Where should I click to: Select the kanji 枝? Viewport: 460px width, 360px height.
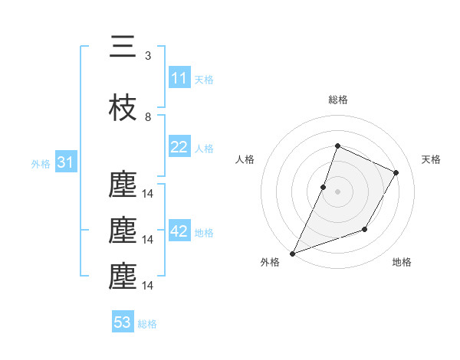point(123,109)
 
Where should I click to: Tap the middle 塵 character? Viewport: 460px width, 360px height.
point(123,230)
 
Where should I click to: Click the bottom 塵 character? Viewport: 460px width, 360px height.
point(123,276)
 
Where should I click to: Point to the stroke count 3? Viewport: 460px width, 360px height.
point(148,56)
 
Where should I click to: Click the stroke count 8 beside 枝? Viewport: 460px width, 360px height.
point(148,117)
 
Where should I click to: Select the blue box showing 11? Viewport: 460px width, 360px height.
point(179,78)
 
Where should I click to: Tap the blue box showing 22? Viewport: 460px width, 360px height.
point(179,147)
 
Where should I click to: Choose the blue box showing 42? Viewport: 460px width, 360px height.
point(179,231)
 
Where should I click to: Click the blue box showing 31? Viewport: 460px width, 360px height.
point(65,162)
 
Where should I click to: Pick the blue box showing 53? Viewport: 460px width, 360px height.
point(123,322)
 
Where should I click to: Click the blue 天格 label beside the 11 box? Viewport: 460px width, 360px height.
point(204,79)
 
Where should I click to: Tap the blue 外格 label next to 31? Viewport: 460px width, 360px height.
point(41,163)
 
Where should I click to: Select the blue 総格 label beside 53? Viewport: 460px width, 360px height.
point(147,323)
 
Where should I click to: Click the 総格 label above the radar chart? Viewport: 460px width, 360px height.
point(337,100)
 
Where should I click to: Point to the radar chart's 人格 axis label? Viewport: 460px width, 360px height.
point(245,159)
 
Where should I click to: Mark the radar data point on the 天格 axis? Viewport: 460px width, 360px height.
point(396,172)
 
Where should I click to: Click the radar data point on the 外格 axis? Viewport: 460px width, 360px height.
point(292,254)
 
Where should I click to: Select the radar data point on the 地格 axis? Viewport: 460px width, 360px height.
point(365,229)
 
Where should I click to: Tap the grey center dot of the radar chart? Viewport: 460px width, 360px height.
point(337,191)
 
